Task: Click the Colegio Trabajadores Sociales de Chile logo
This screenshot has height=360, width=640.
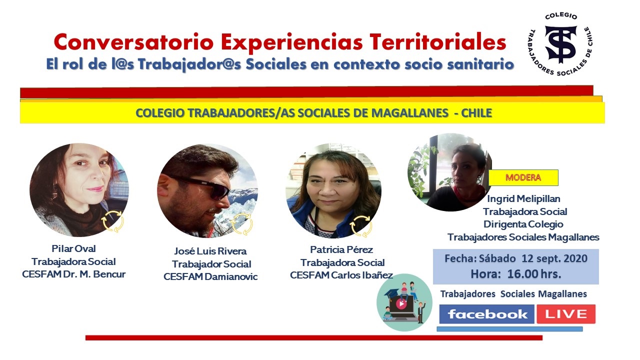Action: pos(560,44)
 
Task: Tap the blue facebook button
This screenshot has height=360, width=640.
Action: pos(487,314)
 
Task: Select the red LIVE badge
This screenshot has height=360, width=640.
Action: pos(566,314)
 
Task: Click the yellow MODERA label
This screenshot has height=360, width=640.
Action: pos(523,177)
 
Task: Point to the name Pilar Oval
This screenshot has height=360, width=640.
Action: pos(73,248)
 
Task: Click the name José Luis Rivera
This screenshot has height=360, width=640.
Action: pos(210,251)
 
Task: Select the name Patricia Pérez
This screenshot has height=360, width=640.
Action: pos(341,249)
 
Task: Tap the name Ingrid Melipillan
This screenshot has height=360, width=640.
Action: pos(524,199)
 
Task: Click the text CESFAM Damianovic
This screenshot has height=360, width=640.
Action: pos(210,276)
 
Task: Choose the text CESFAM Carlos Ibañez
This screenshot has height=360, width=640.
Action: pos(341,275)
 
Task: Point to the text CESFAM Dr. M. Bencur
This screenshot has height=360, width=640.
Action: pos(73,274)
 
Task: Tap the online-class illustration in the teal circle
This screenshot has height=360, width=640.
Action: pos(404,302)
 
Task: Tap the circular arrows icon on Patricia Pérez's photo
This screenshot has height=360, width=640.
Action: pos(360,226)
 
